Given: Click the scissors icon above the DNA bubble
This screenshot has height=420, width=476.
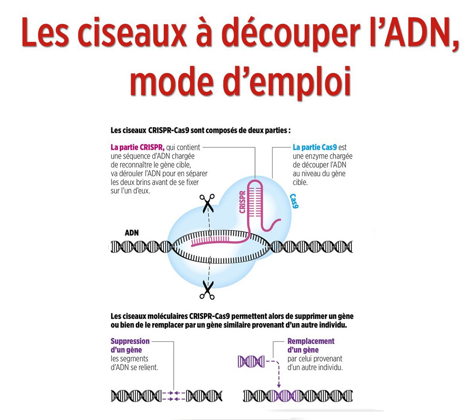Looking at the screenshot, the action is tap(207, 203).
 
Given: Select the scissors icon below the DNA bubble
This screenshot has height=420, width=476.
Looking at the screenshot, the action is tap(207, 290).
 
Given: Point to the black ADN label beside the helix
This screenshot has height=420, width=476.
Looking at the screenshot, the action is tap(132, 233).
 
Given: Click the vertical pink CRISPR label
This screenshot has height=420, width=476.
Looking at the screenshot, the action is tap(242, 202).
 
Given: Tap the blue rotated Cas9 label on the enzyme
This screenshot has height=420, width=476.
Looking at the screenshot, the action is tap(294, 201).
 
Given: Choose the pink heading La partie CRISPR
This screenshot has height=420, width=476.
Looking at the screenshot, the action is tap(137, 147).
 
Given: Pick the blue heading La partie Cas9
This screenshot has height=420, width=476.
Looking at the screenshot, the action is tap(315, 147).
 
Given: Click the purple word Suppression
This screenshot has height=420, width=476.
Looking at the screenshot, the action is tap(130, 341).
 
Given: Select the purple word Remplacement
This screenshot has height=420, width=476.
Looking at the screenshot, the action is tap(311, 341).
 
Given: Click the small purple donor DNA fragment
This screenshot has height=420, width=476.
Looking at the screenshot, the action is tap(251, 362).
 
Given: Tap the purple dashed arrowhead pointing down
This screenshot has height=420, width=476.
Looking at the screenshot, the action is tap(278, 385).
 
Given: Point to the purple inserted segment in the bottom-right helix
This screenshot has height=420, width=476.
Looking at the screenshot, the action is tap(286, 396).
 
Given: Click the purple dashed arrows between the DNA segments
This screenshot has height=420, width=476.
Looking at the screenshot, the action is tap(174, 396).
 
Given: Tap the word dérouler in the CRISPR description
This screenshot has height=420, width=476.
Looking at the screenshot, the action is tap(131, 174).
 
